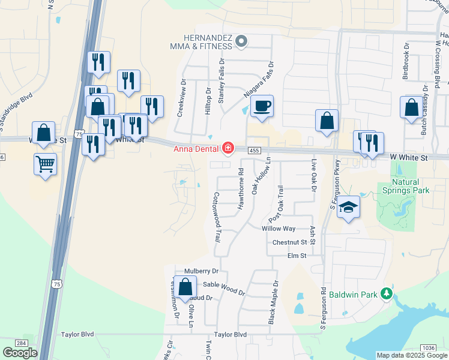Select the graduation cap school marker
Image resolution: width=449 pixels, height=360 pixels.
[348, 208]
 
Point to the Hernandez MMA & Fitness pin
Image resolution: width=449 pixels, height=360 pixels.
[241, 41]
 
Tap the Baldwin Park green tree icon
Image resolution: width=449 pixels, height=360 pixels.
[388, 294]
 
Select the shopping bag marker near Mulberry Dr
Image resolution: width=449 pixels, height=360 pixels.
[185, 287]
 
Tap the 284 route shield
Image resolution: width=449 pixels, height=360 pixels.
[22, 343]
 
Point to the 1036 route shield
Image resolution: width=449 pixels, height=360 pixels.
[429, 347]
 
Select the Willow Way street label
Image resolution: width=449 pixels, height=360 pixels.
[279, 229]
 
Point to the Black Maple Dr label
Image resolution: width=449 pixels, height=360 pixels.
[274, 300]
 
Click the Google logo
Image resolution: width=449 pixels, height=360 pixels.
[20, 353]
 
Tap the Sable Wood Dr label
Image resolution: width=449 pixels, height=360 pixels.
[224, 288]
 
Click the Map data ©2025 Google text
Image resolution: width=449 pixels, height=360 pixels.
[411, 355]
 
